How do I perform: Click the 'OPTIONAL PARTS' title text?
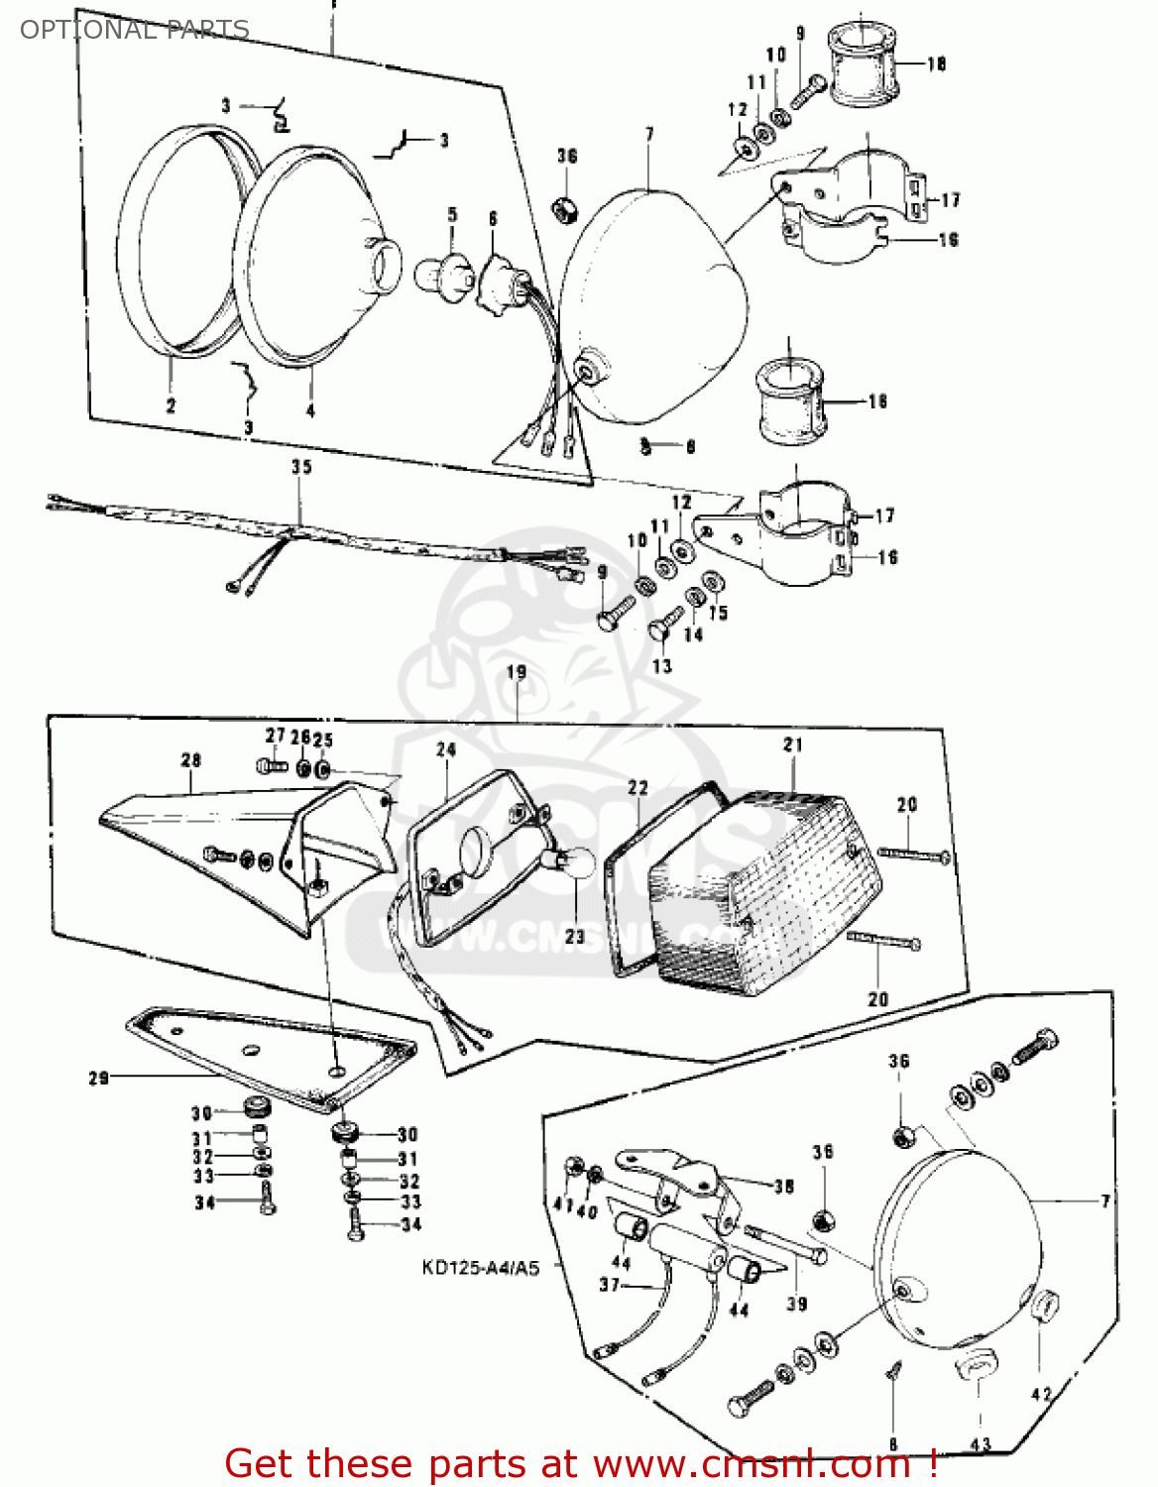pyautogui.click(x=134, y=30)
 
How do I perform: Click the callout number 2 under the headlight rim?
pyautogui.click(x=171, y=405)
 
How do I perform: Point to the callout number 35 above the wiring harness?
pyautogui.click(x=301, y=466)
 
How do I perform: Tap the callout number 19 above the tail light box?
pyautogui.click(x=517, y=672)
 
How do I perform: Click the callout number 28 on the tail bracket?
pyautogui.click(x=191, y=759)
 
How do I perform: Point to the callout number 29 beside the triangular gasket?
pyautogui.click(x=98, y=1078)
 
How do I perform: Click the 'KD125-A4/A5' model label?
pyautogui.click(x=481, y=1268)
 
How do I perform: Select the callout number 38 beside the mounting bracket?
pyautogui.click(x=783, y=1186)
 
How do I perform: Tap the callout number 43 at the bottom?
pyautogui.click(x=981, y=1444)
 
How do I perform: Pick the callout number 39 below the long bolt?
pyautogui.click(x=797, y=1304)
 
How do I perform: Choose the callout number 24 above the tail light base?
pyautogui.click(x=446, y=750)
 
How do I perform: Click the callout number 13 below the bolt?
pyautogui.click(x=661, y=666)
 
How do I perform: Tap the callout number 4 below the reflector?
pyautogui.click(x=310, y=409)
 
